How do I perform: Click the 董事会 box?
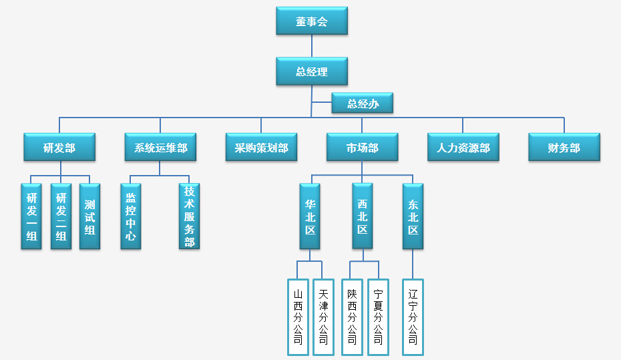[312, 21]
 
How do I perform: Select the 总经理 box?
[312, 71]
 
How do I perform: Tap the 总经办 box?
[362, 104]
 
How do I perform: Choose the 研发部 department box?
[59, 148]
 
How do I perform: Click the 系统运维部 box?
[160, 148]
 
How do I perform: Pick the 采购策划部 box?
[261, 148]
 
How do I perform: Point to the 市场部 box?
[362, 148]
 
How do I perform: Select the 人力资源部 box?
[463, 148]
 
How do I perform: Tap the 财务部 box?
[564, 148]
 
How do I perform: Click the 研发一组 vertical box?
[31, 216]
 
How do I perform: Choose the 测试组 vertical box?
[89, 216]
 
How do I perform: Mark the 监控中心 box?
[131, 216]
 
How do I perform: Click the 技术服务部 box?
[190, 216]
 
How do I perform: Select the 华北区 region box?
[310, 216]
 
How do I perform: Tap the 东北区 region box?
[413, 216]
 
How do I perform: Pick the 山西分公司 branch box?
[298, 317]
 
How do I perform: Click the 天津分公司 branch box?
[323, 317]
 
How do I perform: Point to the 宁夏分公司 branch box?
[378, 317]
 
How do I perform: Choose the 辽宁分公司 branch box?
[413, 317]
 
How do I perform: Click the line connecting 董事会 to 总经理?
[312, 46]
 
